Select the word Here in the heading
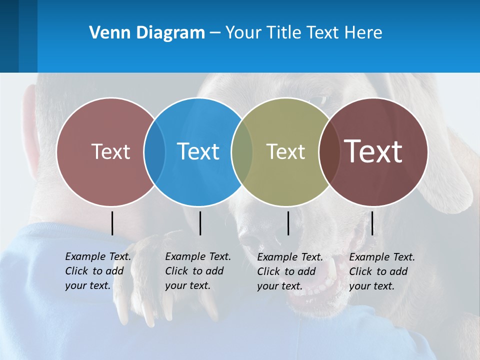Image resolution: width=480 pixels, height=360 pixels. [363, 33]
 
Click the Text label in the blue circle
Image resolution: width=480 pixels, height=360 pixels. [198, 151]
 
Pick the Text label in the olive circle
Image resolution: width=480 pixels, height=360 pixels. [285, 151]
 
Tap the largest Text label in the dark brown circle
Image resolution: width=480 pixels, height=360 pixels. [373, 151]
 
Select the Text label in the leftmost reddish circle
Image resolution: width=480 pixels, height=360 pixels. [110, 151]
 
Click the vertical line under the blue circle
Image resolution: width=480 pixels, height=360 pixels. [200, 223]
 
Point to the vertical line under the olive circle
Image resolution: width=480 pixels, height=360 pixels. [288, 223]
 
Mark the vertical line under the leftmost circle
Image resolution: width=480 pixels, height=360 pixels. [112, 223]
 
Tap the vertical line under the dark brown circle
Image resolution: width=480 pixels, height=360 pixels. [372, 223]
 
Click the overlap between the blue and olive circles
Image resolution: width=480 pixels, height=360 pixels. [242, 151]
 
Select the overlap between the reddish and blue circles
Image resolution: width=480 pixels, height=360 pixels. [154, 151]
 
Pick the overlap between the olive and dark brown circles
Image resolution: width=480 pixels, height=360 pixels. [329, 151]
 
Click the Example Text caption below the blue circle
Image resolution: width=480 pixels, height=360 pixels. [197, 271]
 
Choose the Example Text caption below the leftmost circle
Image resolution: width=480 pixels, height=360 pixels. [97, 271]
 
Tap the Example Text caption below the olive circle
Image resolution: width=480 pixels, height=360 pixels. [289, 271]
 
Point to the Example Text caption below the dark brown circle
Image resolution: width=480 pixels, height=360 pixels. [381, 271]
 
